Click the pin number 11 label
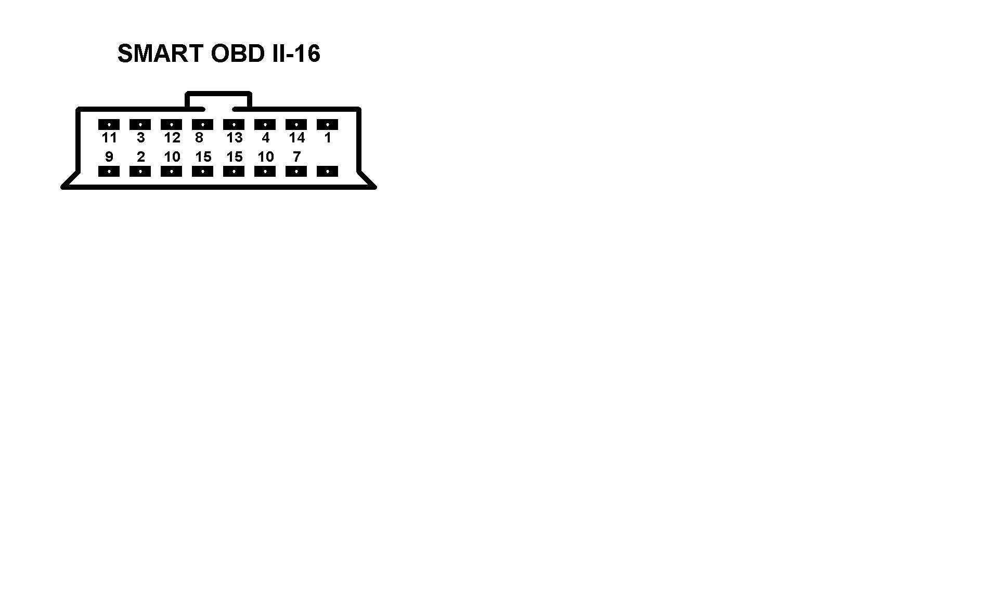pos(109,138)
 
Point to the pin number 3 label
pos(140,138)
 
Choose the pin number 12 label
pos(172,138)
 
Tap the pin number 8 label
pos(199,138)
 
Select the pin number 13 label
pos(235,138)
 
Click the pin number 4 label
pos(266,138)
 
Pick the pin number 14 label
pos(297,138)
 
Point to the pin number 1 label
pos(328,138)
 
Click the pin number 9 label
pos(109,156)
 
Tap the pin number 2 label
pos(140,156)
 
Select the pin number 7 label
pos(296,156)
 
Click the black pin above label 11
pos(109,125)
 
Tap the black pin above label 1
pos(327,125)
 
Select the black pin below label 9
pos(109,172)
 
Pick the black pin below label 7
pos(296,172)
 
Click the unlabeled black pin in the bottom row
pos(327,172)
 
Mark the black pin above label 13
pos(234,125)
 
